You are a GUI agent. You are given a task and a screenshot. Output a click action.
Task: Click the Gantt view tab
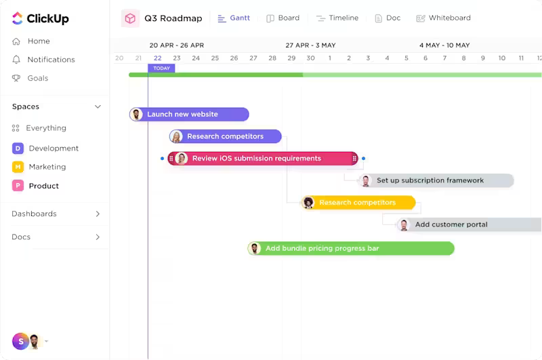(234, 18)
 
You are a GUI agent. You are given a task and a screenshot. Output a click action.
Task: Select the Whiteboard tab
(444, 18)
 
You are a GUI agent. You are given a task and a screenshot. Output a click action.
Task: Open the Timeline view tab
(337, 18)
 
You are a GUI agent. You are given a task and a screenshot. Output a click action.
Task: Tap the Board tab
(283, 18)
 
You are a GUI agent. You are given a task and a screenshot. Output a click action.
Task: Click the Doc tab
(388, 18)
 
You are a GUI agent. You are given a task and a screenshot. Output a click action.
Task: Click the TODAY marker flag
(161, 68)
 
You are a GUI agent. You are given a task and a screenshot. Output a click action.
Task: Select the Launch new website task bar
(189, 115)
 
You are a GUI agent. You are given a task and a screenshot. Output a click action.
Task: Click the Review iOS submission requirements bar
(263, 159)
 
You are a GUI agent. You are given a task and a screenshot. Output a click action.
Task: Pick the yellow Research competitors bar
(358, 203)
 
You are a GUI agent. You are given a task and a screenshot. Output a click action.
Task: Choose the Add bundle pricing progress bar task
(351, 248)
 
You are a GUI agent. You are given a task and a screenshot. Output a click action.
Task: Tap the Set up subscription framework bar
(436, 180)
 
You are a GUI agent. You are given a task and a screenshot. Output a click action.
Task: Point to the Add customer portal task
(469, 225)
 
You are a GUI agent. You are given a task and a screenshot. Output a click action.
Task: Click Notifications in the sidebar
(43, 60)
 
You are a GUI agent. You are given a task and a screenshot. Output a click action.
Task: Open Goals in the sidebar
(30, 78)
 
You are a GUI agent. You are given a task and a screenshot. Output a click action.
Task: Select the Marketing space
(39, 167)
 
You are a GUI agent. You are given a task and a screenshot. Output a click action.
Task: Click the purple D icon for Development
(18, 148)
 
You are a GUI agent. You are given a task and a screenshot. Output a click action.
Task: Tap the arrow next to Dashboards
(98, 214)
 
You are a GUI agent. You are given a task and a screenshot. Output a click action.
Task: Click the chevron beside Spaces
(98, 106)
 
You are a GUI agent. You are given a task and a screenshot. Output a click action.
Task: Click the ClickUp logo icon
(18, 18)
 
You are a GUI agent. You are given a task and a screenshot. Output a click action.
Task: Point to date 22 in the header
(158, 58)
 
